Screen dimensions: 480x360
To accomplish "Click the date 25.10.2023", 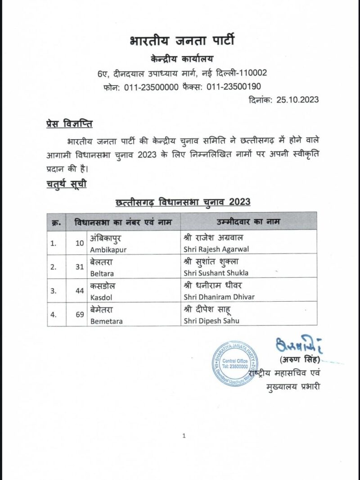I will tap(296, 100).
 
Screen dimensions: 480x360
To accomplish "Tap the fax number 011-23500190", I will tap(234, 87).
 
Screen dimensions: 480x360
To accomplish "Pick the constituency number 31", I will tap(80, 267).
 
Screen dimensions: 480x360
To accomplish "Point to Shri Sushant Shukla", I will tap(216, 273).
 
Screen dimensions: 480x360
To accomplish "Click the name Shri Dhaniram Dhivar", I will tap(219, 297).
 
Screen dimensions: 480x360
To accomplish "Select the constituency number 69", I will tap(80, 315).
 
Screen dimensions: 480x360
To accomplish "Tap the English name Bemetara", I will tap(107, 321).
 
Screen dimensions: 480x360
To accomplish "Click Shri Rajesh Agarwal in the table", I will tap(216, 249).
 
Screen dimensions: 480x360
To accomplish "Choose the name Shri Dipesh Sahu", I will tap(211, 321).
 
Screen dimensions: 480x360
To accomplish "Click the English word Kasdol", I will tap(101, 297).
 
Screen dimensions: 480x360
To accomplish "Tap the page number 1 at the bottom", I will tap(184, 435).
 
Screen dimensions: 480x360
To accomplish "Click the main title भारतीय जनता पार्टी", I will tap(182, 42).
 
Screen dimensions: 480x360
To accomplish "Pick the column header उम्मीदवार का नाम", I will tap(248, 222).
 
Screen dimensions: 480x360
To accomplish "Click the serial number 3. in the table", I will tap(53, 291).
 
